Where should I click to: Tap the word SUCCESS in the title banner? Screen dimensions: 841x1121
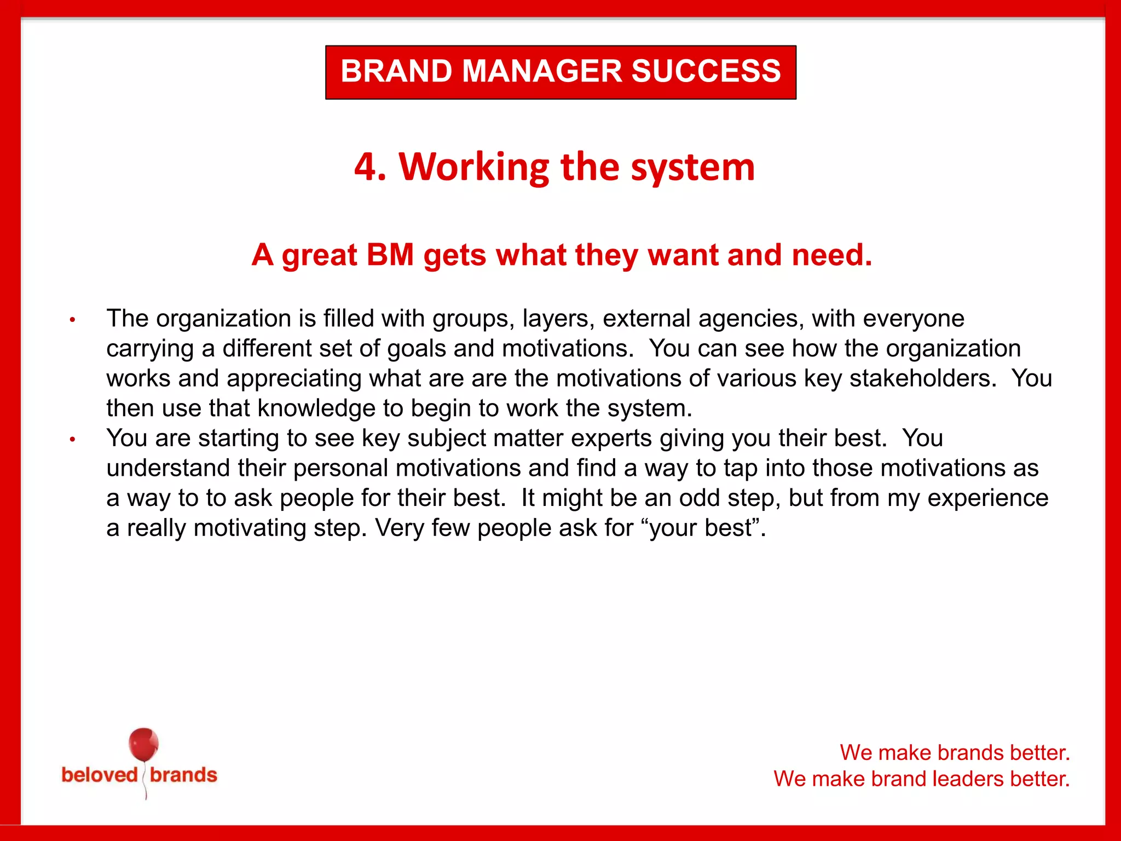(x=706, y=71)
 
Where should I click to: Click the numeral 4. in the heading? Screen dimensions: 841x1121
(x=370, y=166)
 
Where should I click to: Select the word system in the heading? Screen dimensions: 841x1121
(x=693, y=168)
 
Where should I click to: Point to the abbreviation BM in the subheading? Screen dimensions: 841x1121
(x=390, y=255)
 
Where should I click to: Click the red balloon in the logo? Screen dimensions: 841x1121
(x=143, y=745)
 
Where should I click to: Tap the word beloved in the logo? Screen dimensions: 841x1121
(x=100, y=775)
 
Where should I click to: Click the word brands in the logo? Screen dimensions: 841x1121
(x=183, y=775)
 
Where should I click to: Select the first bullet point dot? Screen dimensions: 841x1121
(x=72, y=320)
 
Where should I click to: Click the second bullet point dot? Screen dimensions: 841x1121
(x=72, y=439)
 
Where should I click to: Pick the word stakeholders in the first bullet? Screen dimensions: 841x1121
(x=922, y=378)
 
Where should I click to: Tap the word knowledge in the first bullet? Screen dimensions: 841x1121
(x=330, y=408)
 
